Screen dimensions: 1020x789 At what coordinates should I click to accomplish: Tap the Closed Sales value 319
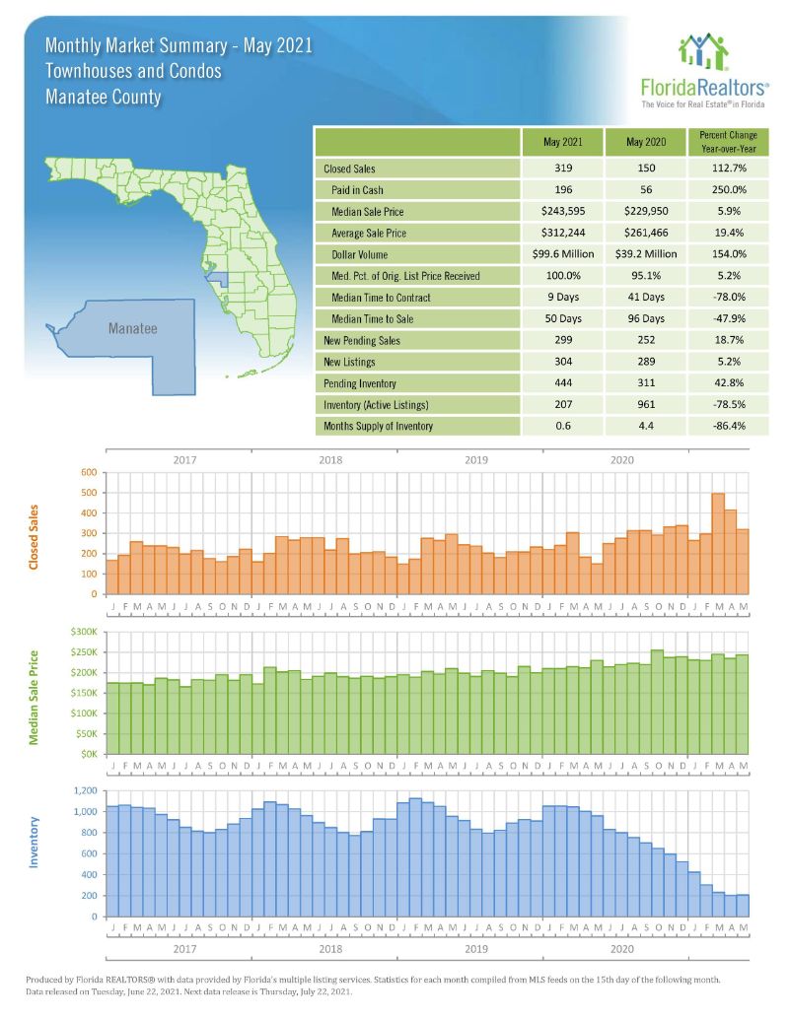click(x=562, y=169)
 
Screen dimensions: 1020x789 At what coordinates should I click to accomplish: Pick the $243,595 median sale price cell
click(x=562, y=212)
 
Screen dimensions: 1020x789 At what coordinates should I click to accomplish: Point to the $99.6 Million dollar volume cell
click(x=562, y=254)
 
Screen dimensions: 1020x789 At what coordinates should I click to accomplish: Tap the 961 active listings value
click(x=646, y=405)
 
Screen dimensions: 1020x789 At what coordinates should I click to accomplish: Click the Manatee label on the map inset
click(x=132, y=329)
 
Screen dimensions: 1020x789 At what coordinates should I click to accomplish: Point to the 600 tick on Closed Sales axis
click(x=88, y=472)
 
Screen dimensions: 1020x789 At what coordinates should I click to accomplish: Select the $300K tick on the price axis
click(x=83, y=632)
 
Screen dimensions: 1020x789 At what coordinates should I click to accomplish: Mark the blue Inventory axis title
click(x=35, y=841)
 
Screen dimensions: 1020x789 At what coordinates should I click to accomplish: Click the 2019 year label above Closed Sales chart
click(x=476, y=459)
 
